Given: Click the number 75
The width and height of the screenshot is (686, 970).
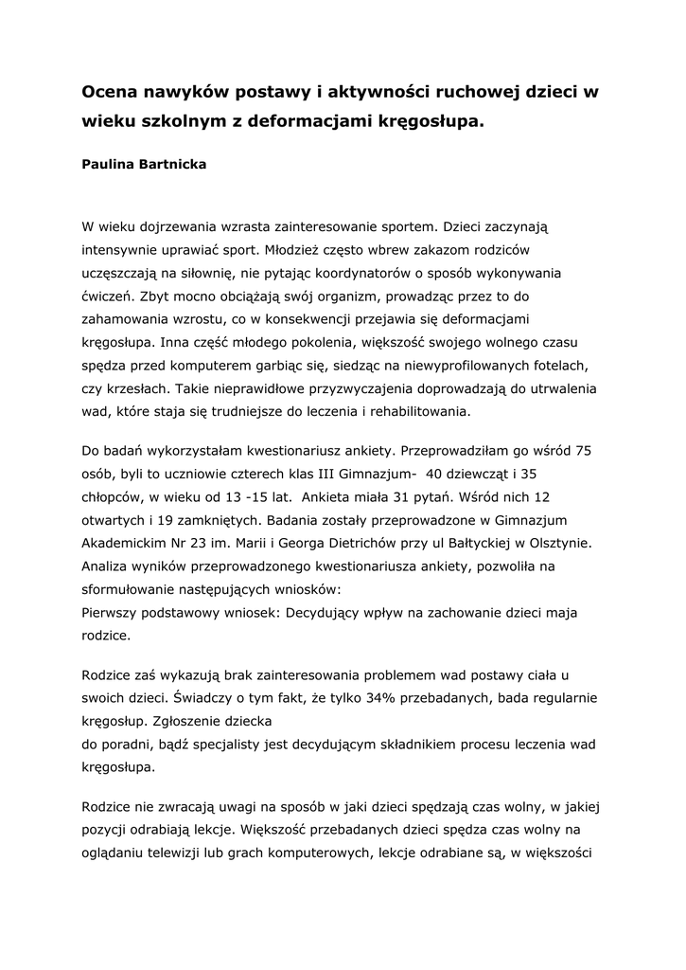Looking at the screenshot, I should click(583, 450).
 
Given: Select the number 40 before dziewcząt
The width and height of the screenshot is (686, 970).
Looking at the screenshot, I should click(434, 473).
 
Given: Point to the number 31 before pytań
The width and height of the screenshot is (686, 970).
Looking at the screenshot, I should click(420, 496).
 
